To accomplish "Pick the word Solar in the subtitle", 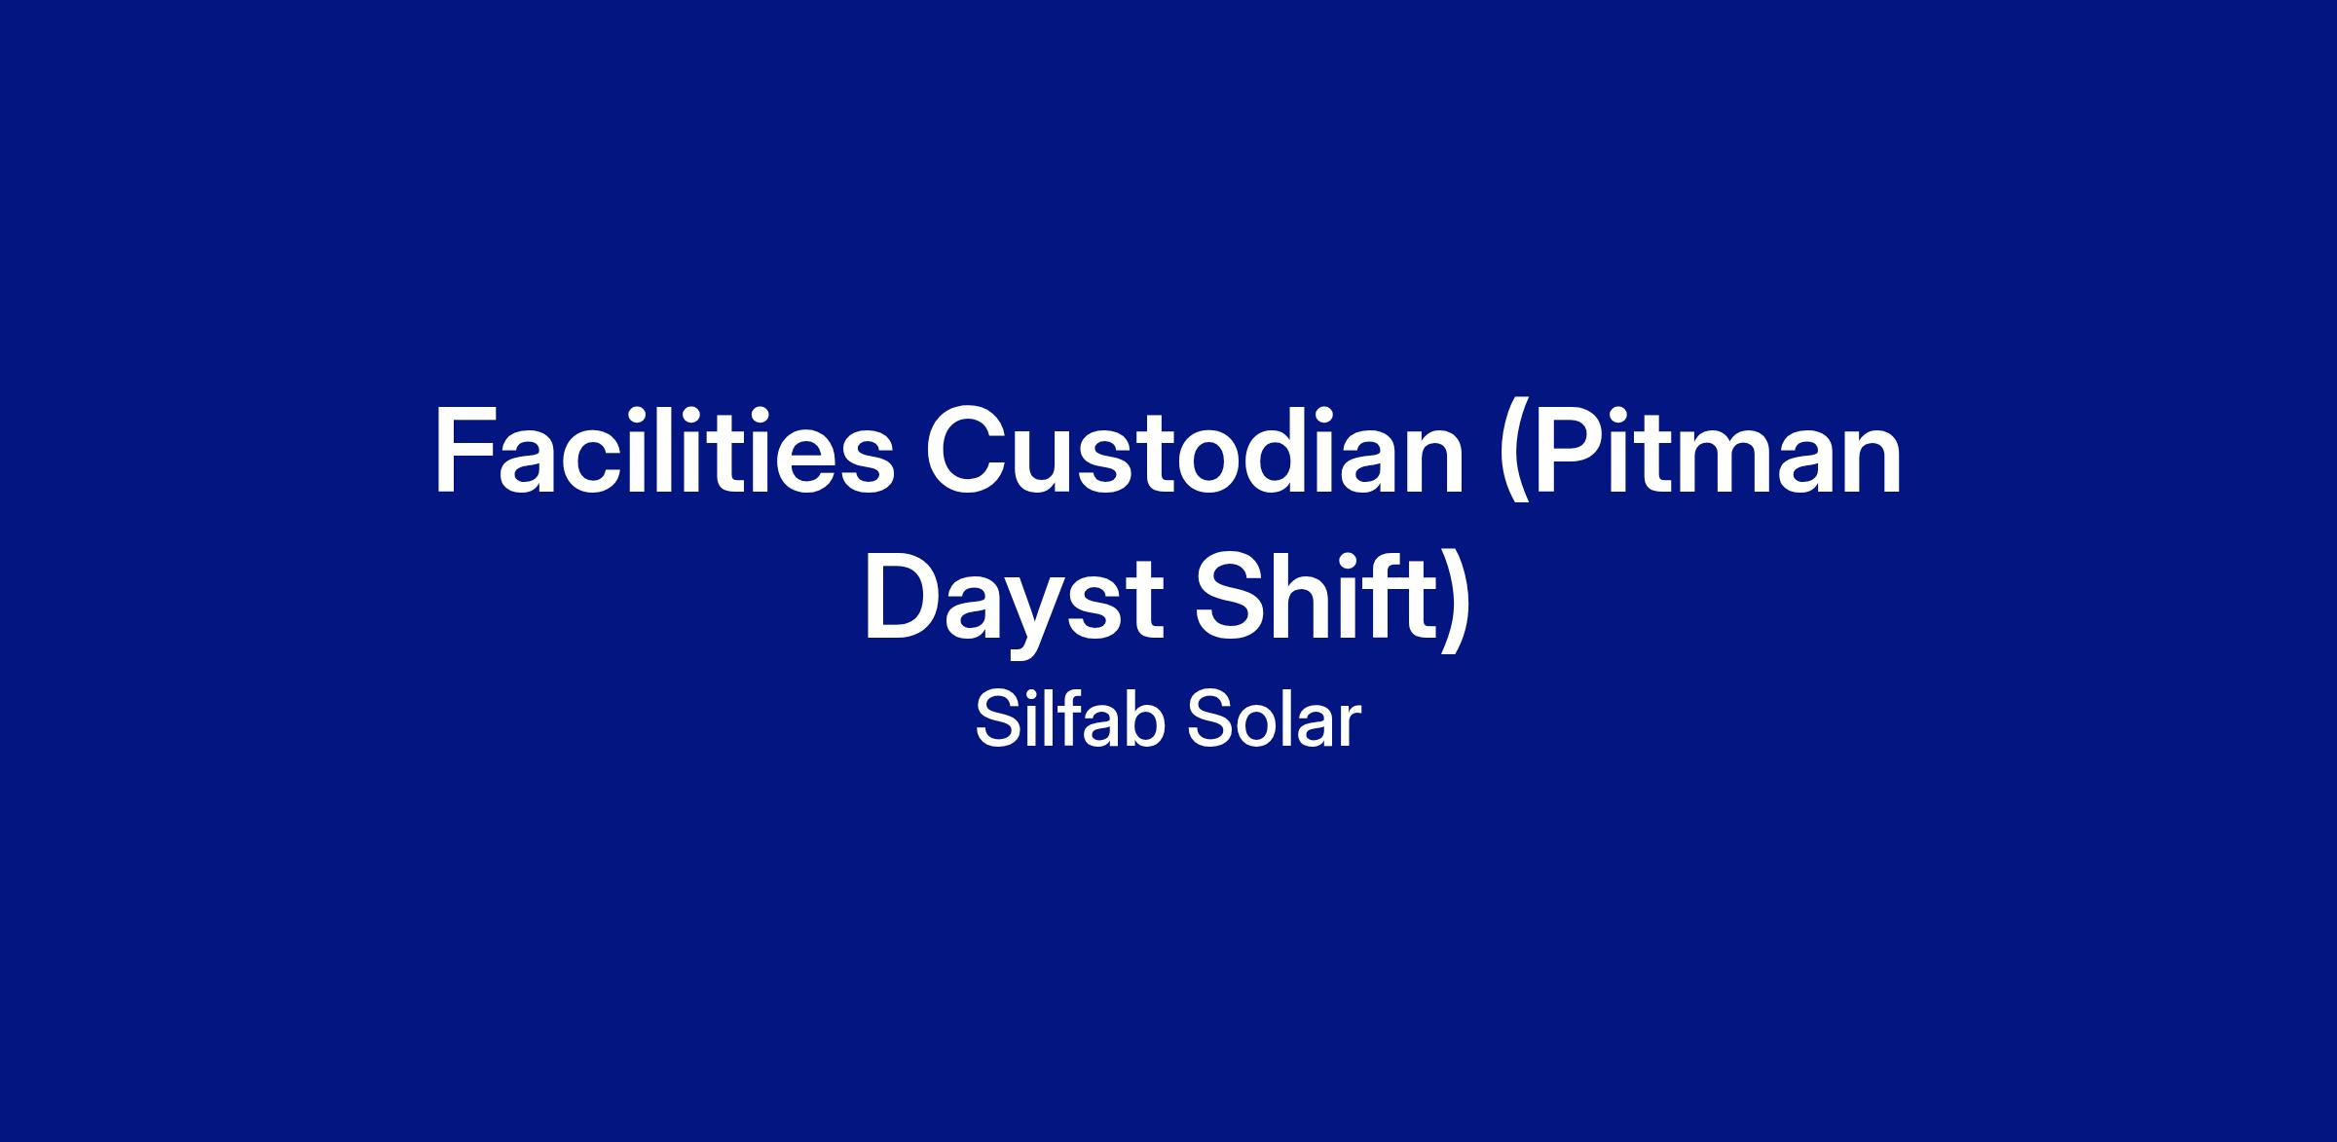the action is [1273, 721].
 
